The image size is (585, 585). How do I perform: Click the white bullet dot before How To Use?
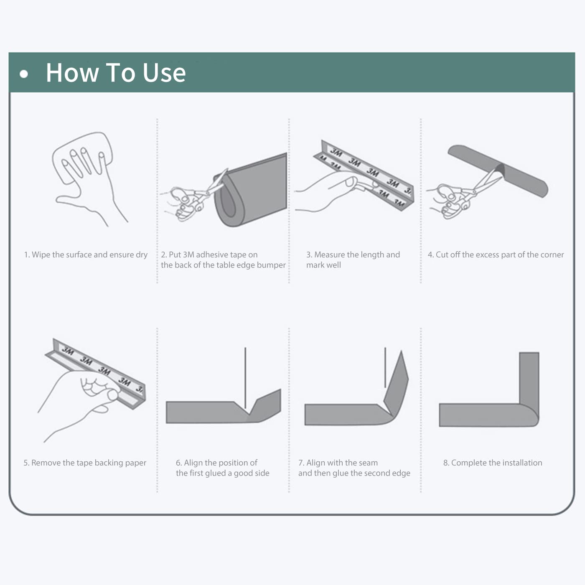click(24, 74)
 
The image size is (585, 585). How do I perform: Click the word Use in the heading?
click(164, 73)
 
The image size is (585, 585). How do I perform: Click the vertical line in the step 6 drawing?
click(245, 378)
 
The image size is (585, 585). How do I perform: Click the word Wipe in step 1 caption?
click(41, 255)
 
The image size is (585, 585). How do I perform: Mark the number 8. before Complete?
click(446, 463)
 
